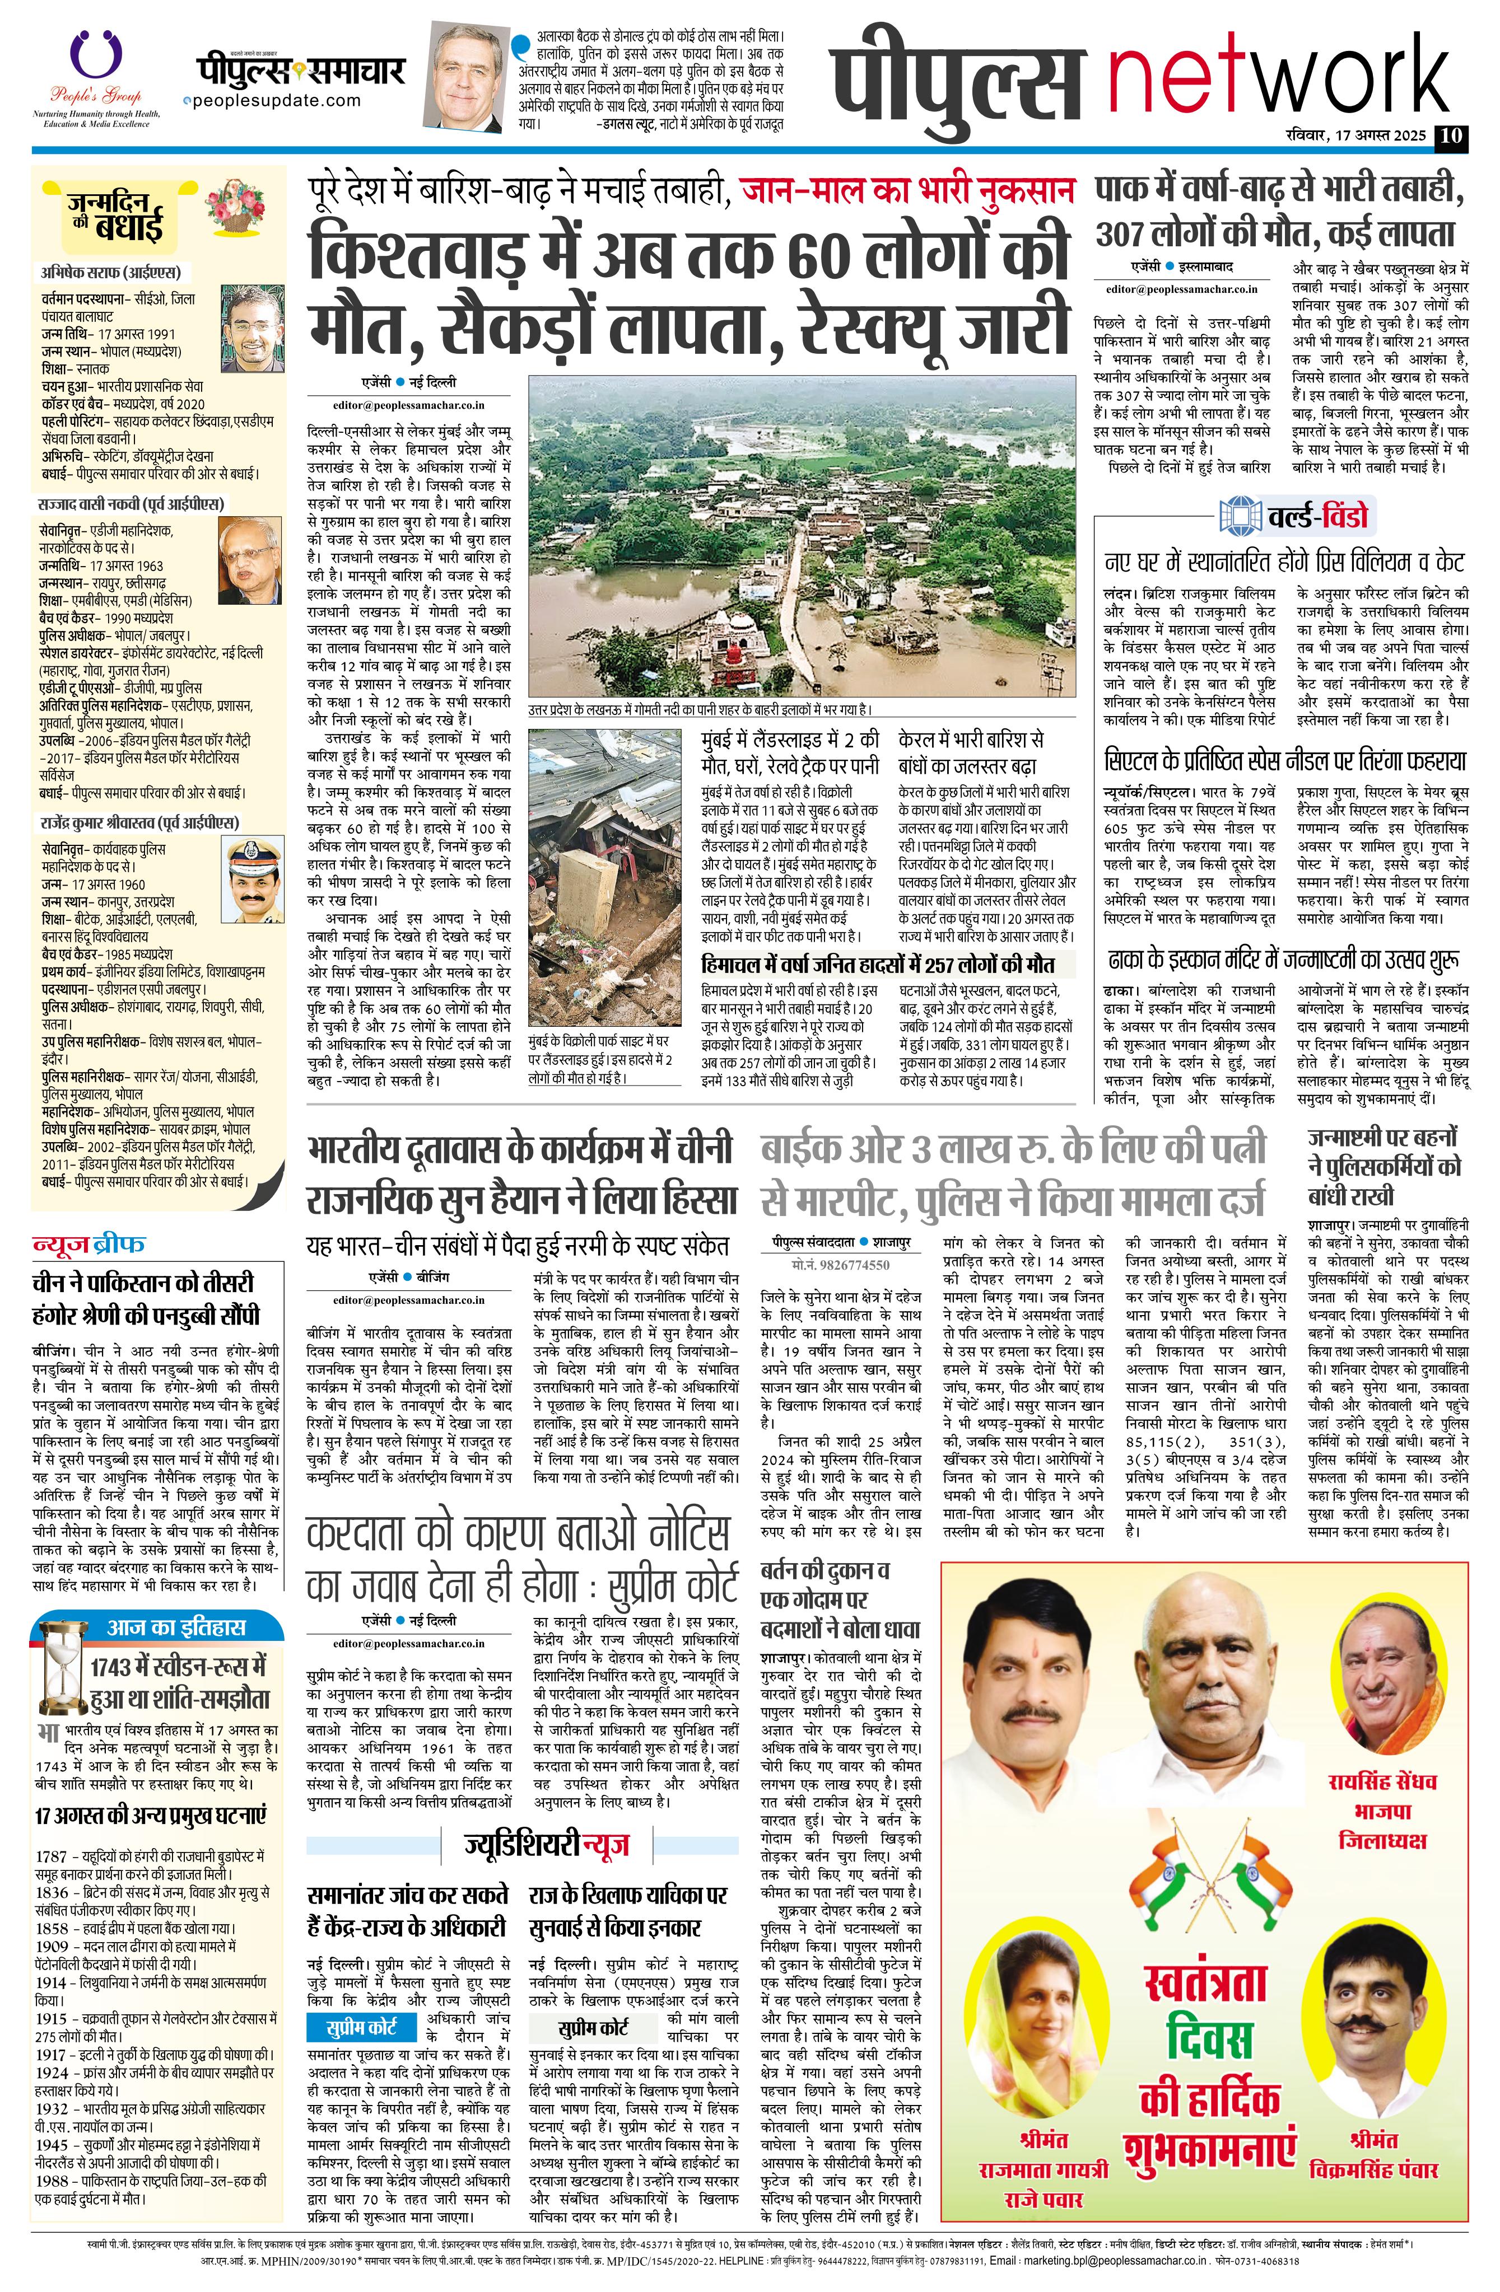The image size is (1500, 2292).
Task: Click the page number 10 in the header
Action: pos(1450,136)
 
